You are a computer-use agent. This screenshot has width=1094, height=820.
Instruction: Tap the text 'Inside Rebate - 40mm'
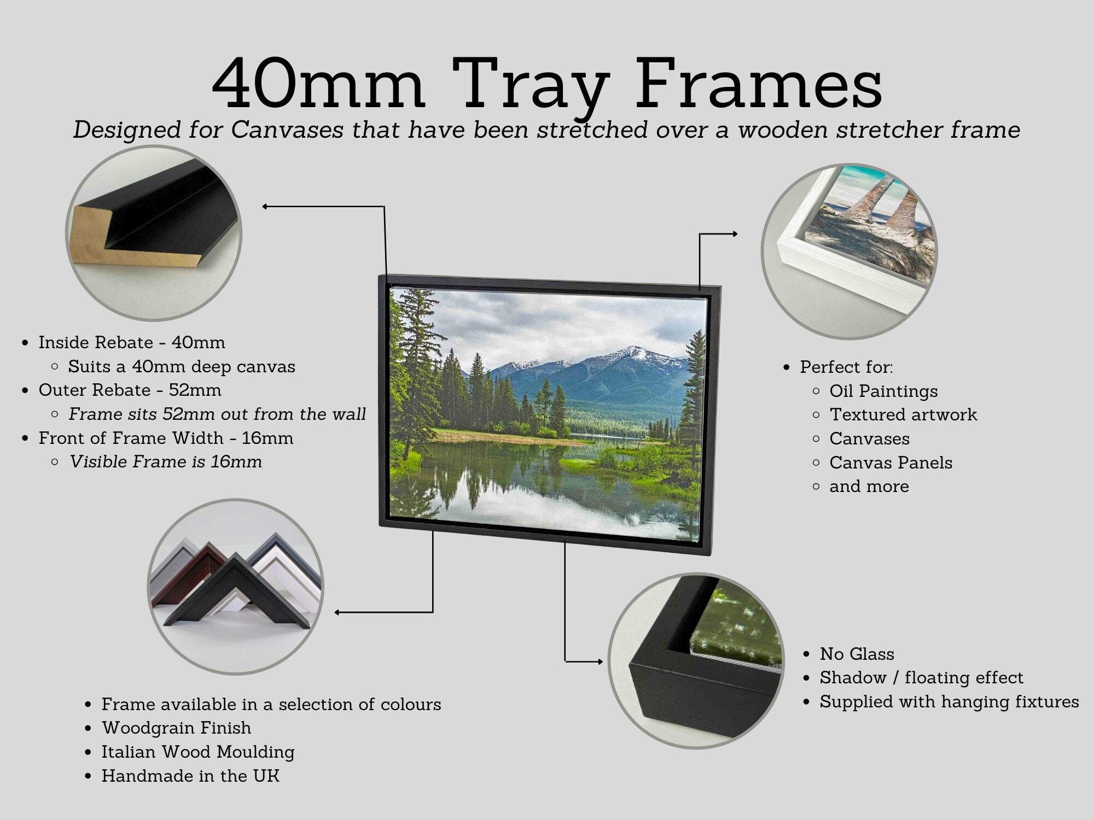click(131, 342)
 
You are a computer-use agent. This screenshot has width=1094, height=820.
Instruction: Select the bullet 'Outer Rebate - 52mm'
click(130, 390)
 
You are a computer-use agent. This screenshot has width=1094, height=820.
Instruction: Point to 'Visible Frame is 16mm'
click(165, 461)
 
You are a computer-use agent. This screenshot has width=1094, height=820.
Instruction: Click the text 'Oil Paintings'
click(883, 391)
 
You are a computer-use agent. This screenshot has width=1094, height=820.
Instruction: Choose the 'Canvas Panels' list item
click(891, 462)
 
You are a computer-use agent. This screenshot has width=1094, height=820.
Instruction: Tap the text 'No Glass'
click(857, 654)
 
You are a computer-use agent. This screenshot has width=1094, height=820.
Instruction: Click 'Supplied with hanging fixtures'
click(948, 701)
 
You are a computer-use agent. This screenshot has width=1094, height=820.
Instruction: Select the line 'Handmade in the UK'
click(190, 776)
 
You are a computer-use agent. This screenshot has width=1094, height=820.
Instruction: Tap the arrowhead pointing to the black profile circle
click(265, 207)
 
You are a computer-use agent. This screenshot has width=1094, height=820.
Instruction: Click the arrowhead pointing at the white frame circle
click(734, 234)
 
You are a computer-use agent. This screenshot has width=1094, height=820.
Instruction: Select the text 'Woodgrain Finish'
click(176, 728)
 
